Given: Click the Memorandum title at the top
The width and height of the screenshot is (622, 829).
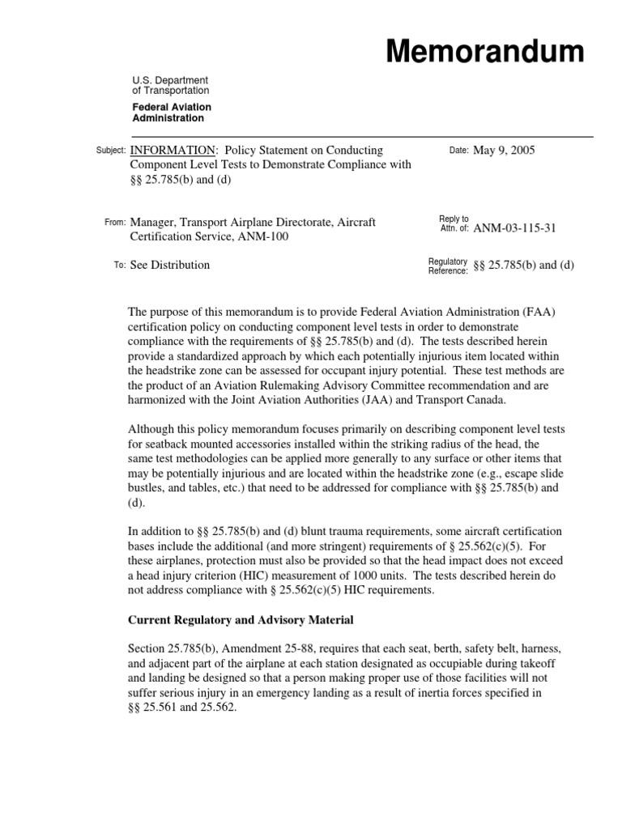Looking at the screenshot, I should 484,51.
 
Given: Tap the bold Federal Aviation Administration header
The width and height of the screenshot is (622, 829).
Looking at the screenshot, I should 172,113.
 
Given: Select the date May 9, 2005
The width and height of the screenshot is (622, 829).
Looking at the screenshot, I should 504,150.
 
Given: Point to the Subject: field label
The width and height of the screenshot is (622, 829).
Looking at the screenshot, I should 109,151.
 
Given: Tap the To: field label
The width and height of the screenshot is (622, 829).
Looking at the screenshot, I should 119,266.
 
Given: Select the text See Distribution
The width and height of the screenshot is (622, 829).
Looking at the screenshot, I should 170,265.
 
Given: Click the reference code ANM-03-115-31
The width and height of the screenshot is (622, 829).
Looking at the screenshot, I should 514,228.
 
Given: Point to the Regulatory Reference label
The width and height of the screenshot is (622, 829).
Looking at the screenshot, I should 448,266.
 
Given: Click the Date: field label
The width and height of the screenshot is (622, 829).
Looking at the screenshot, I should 458,151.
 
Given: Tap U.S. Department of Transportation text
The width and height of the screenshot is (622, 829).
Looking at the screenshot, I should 171,86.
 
